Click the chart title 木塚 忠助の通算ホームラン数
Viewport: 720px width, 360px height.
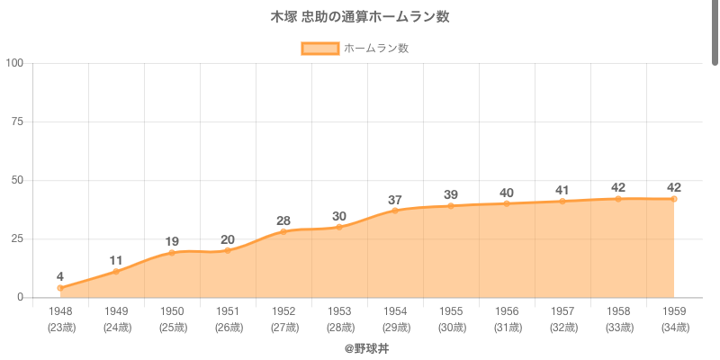coord(360,17)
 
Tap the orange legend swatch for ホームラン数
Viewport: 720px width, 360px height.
coord(319,49)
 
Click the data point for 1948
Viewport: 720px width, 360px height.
coord(60,288)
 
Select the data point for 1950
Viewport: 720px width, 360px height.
coord(172,253)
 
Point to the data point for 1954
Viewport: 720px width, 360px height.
coord(395,211)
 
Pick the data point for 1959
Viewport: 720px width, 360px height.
coord(674,199)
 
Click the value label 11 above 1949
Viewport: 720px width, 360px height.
coord(116,260)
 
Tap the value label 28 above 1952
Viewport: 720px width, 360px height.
coord(283,220)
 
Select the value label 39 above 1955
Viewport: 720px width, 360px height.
coord(451,194)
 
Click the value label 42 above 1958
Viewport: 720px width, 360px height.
coord(618,187)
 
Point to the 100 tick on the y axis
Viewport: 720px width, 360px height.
coord(14,63)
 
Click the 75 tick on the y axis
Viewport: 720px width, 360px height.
coord(17,121)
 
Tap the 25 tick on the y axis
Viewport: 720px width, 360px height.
coord(17,238)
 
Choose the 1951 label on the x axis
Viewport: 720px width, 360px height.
coord(228,312)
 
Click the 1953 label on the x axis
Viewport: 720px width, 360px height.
coord(339,312)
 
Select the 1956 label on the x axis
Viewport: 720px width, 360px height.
coord(507,312)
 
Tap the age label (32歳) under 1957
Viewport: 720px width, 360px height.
coord(562,327)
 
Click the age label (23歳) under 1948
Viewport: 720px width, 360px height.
coord(60,327)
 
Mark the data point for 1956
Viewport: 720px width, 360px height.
coord(507,203)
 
